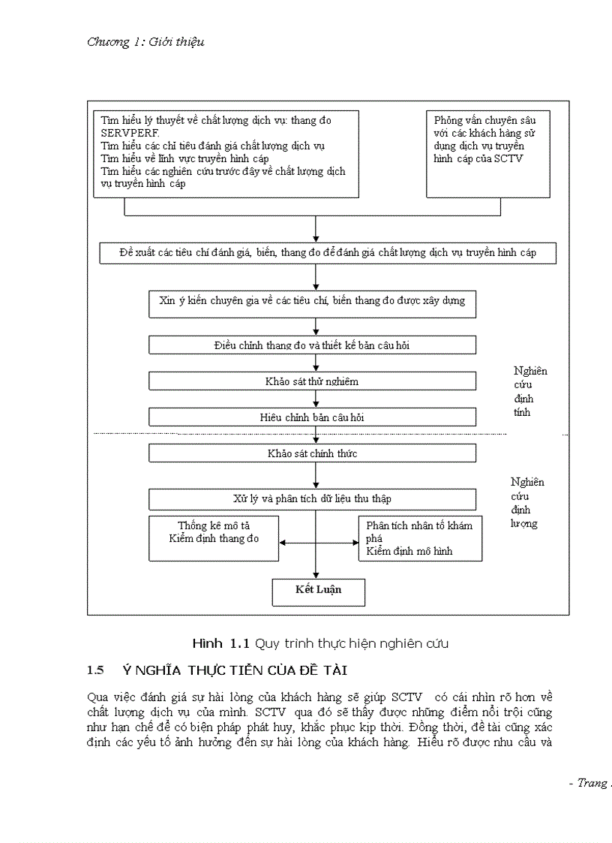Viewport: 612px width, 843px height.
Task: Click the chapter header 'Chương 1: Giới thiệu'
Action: coord(145,42)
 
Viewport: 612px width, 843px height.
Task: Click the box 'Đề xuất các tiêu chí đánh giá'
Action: coord(328,253)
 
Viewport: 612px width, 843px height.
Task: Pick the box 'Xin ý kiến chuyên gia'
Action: coord(312,301)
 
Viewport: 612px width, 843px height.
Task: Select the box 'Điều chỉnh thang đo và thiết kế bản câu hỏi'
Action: coord(312,345)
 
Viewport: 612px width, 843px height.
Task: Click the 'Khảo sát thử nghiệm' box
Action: coord(312,381)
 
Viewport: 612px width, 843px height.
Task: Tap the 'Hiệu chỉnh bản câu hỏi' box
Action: coord(312,417)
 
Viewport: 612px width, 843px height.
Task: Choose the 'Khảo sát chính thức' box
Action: coord(312,453)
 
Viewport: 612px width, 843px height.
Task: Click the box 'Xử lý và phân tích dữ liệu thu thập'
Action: coord(312,499)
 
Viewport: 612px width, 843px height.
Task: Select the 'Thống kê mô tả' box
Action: coord(214,537)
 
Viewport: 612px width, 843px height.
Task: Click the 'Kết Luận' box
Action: coord(318,591)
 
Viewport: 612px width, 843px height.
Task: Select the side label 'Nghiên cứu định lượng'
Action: coord(526,503)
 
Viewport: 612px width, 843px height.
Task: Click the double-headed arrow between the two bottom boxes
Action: coord(318,543)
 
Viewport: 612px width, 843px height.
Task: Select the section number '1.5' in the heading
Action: coord(94,670)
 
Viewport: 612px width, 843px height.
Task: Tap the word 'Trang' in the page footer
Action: coord(592,783)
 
